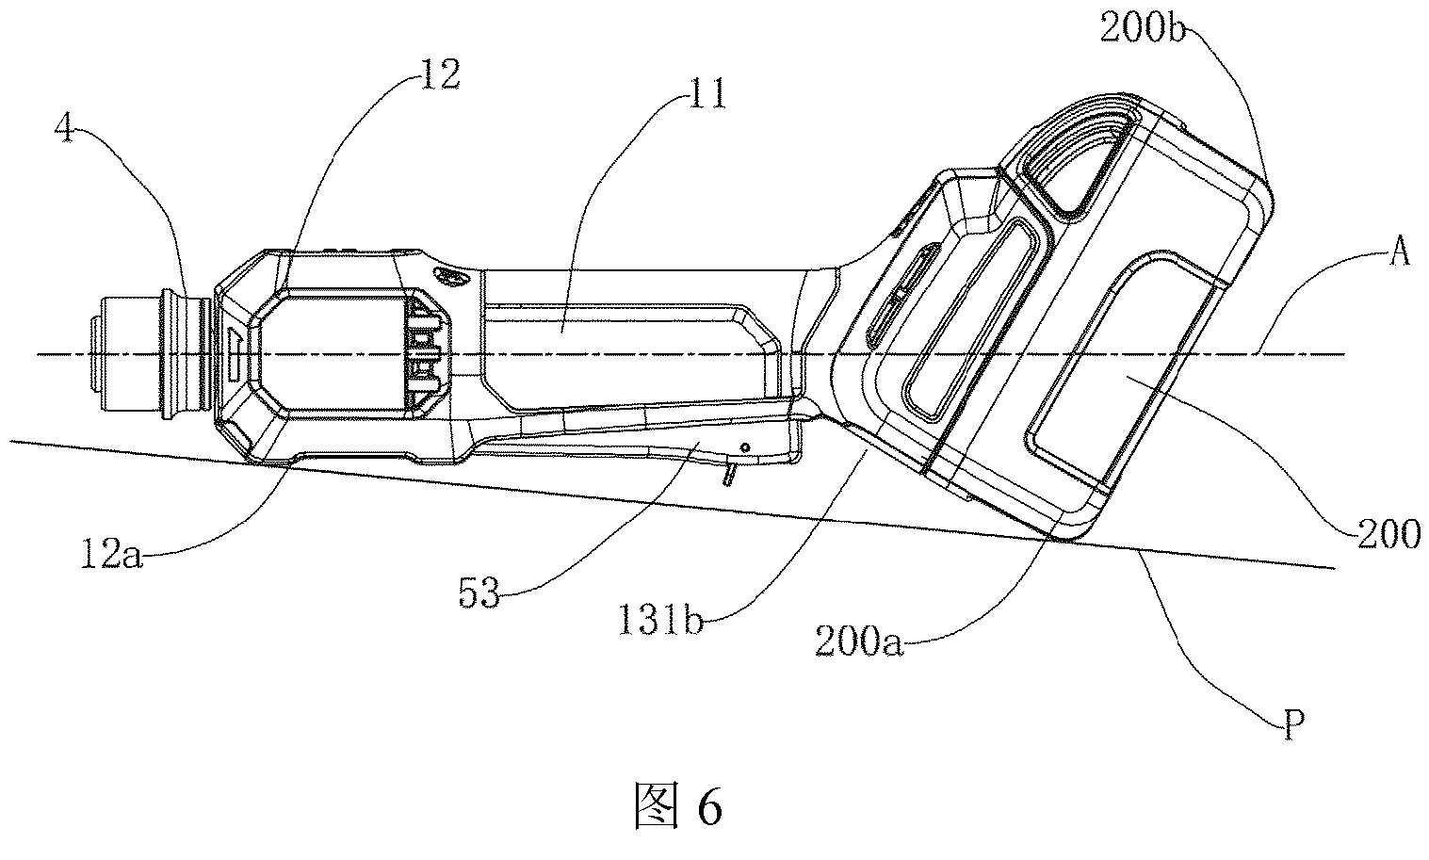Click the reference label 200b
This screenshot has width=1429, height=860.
1143,28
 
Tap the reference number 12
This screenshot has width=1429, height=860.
438,74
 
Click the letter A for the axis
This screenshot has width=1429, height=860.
1399,252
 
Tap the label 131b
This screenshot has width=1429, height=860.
661,620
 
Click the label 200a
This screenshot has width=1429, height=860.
859,641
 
